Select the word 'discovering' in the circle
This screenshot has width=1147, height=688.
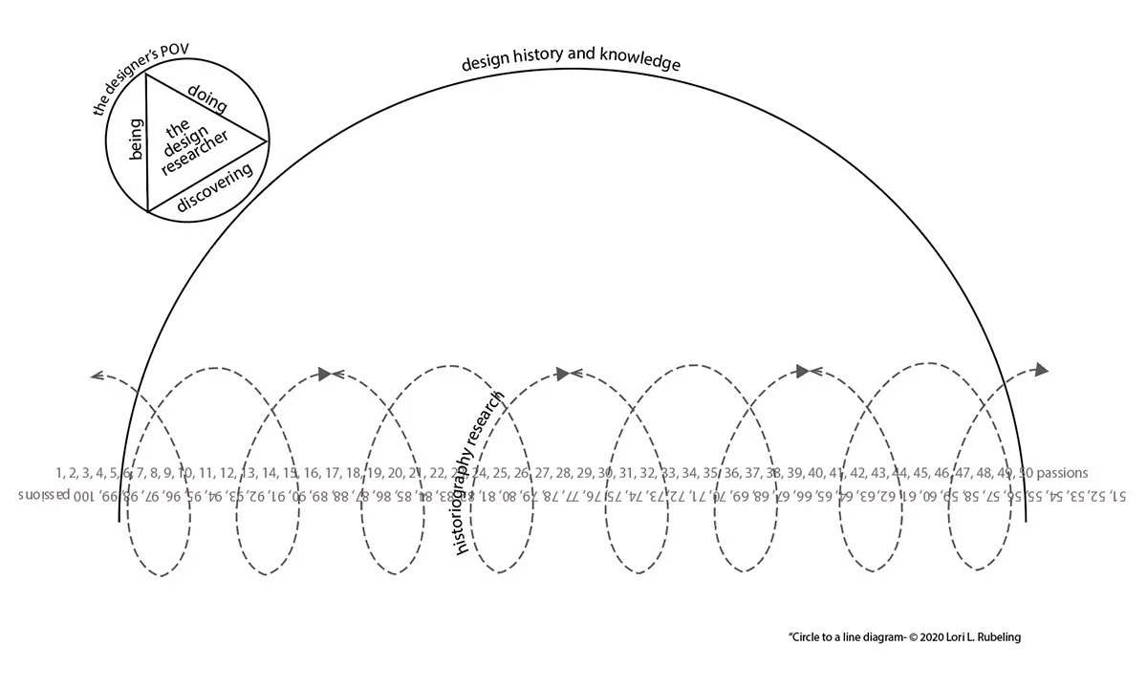click(x=214, y=185)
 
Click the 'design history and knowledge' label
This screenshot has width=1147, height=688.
click(x=571, y=62)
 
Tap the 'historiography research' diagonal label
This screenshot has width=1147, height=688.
click(x=480, y=473)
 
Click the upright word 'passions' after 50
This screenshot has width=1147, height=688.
click(x=1062, y=472)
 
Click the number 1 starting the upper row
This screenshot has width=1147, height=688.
click(x=60, y=472)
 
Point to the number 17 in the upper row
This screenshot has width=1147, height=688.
click(x=333, y=472)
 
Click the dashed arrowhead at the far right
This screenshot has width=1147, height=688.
click(x=1041, y=370)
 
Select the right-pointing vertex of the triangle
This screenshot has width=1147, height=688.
click(x=267, y=141)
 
